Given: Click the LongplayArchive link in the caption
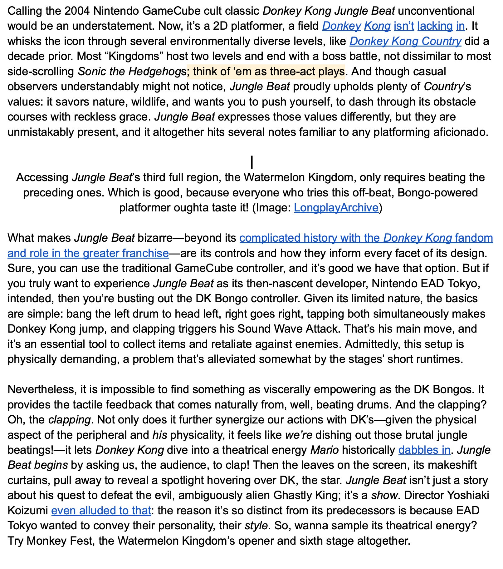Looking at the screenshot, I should [336, 208].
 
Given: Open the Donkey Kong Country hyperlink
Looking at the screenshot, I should [405, 41].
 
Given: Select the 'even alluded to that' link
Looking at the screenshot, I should [101, 511].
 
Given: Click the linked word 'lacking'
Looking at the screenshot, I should [435, 26].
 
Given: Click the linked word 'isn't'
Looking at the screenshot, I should [404, 26].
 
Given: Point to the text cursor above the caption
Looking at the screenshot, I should [251, 162].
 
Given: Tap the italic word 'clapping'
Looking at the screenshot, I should [69, 420].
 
